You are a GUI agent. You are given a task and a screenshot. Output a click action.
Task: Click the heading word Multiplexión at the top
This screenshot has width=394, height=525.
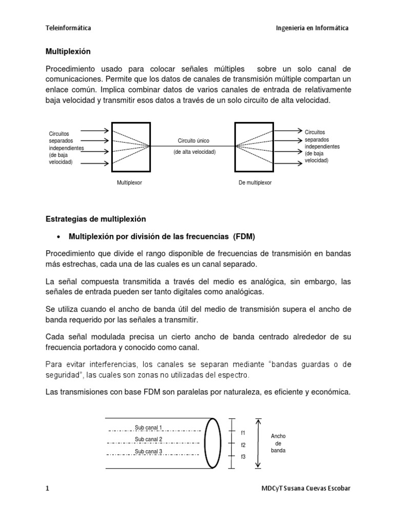click(68, 51)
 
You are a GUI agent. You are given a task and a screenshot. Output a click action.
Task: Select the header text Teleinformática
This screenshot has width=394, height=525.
click(69, 28)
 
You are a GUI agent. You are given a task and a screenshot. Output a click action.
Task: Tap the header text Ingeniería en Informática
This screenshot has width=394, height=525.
click(312, 28)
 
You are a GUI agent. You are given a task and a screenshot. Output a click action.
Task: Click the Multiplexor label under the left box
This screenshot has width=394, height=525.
click(129, 182)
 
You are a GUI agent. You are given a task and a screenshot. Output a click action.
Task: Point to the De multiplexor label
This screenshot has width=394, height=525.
click(255, 182)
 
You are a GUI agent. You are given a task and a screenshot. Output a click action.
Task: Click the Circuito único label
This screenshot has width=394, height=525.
click(193, 140)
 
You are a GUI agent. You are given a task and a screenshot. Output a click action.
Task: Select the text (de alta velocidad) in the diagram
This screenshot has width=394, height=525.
click(194, 152)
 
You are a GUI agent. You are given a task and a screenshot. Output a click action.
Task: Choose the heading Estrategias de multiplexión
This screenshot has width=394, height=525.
click(96, 219)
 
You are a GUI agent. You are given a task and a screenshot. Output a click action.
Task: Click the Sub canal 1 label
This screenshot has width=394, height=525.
click(148, 428)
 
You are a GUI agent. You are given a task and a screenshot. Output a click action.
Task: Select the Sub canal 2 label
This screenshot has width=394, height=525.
click(148, 439)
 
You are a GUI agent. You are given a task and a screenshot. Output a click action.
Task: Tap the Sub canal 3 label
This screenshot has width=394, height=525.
click(148, 451)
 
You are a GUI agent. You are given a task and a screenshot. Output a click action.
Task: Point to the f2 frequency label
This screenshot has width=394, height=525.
click(243, 445)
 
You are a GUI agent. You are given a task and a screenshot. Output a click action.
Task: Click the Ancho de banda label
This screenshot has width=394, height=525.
click(279, 443)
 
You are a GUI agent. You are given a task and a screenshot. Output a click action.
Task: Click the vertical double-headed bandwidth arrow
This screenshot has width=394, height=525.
click(259, 443)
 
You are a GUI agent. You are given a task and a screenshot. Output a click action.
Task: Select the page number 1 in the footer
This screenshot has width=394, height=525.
click(47, 488)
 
